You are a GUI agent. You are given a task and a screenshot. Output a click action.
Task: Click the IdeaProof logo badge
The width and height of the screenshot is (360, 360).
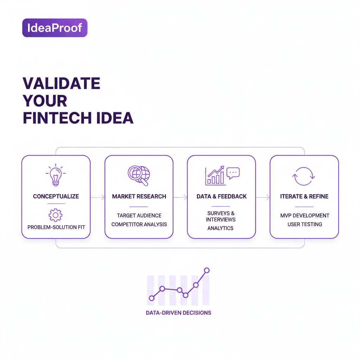[54, 28]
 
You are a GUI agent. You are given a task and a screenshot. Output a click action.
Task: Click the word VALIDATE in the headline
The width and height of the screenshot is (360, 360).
[61, 84]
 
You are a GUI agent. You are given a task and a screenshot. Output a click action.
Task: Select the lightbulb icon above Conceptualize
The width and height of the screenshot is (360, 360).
[56, 175]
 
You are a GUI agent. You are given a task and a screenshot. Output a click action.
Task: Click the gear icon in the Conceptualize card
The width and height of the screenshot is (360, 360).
[56, 215]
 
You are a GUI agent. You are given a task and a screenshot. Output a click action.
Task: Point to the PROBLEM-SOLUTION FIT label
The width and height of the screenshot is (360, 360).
[56, 227]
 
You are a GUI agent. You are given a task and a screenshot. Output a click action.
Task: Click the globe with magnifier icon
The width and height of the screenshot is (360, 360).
[139, 175]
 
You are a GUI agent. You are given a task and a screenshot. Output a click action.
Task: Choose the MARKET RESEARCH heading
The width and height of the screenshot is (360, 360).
[139, 197]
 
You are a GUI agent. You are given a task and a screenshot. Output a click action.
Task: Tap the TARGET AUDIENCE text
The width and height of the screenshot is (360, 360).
[139, 216]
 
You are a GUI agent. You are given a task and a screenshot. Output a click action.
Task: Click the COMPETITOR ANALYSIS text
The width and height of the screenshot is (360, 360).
[139, 224]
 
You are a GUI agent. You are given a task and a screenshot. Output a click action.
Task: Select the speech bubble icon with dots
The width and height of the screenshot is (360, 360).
[233, 173]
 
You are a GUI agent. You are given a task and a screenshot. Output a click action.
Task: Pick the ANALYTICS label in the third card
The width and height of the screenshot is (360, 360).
[220, 228]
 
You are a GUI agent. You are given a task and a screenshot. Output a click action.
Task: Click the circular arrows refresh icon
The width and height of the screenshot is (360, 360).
[304, 176]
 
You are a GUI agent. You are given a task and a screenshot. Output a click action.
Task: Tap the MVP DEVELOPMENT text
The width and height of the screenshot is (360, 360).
[304, 216]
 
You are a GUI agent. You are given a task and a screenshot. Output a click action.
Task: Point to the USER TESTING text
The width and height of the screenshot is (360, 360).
[304, 224]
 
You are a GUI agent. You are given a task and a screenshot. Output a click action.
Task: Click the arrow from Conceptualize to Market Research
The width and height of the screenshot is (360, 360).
[98, 198]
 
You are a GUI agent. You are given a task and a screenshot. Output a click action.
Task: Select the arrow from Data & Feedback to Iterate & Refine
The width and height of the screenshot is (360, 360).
[263, 198]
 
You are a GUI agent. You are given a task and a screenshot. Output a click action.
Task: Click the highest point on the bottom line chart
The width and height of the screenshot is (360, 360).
[207, 270]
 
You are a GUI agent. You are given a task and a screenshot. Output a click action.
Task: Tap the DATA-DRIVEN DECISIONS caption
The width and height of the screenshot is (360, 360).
[179, 313]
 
